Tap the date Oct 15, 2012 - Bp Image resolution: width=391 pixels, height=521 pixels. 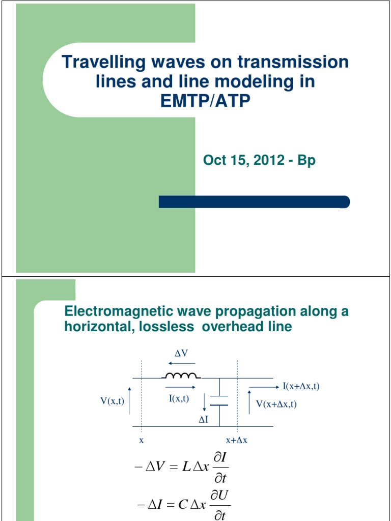pyautogui.click(x=259, y=161)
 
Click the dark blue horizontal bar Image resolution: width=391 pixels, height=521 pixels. pyautogui.click(x=254, y=202)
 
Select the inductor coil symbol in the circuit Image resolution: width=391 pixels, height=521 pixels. pyautogui.click(x=181, y=377)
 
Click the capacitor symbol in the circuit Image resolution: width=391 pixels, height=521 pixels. pyautogui.click(x=219, y=400)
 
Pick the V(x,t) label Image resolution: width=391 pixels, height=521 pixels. pyautogui.click(x=112, y=401)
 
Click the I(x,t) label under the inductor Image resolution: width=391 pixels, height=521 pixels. pyautogui.click(x=179, y=398)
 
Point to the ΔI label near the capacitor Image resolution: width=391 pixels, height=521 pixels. pyautogui.click(x=204, y=421)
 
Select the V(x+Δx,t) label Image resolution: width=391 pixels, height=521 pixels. pyautogui.click(x=276, y=404)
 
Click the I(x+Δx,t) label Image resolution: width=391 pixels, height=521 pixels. pyautogui.click(x=301, y=386)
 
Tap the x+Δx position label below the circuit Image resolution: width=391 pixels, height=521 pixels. pyautogui.click(x=237, y=440)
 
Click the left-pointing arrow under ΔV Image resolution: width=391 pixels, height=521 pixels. pyautogui.click(x=180, y=363)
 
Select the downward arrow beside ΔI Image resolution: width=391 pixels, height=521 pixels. pyautogui.click(x=204, y=401)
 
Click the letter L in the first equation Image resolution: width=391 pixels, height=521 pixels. pyautogui.click(x=186, y=467)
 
